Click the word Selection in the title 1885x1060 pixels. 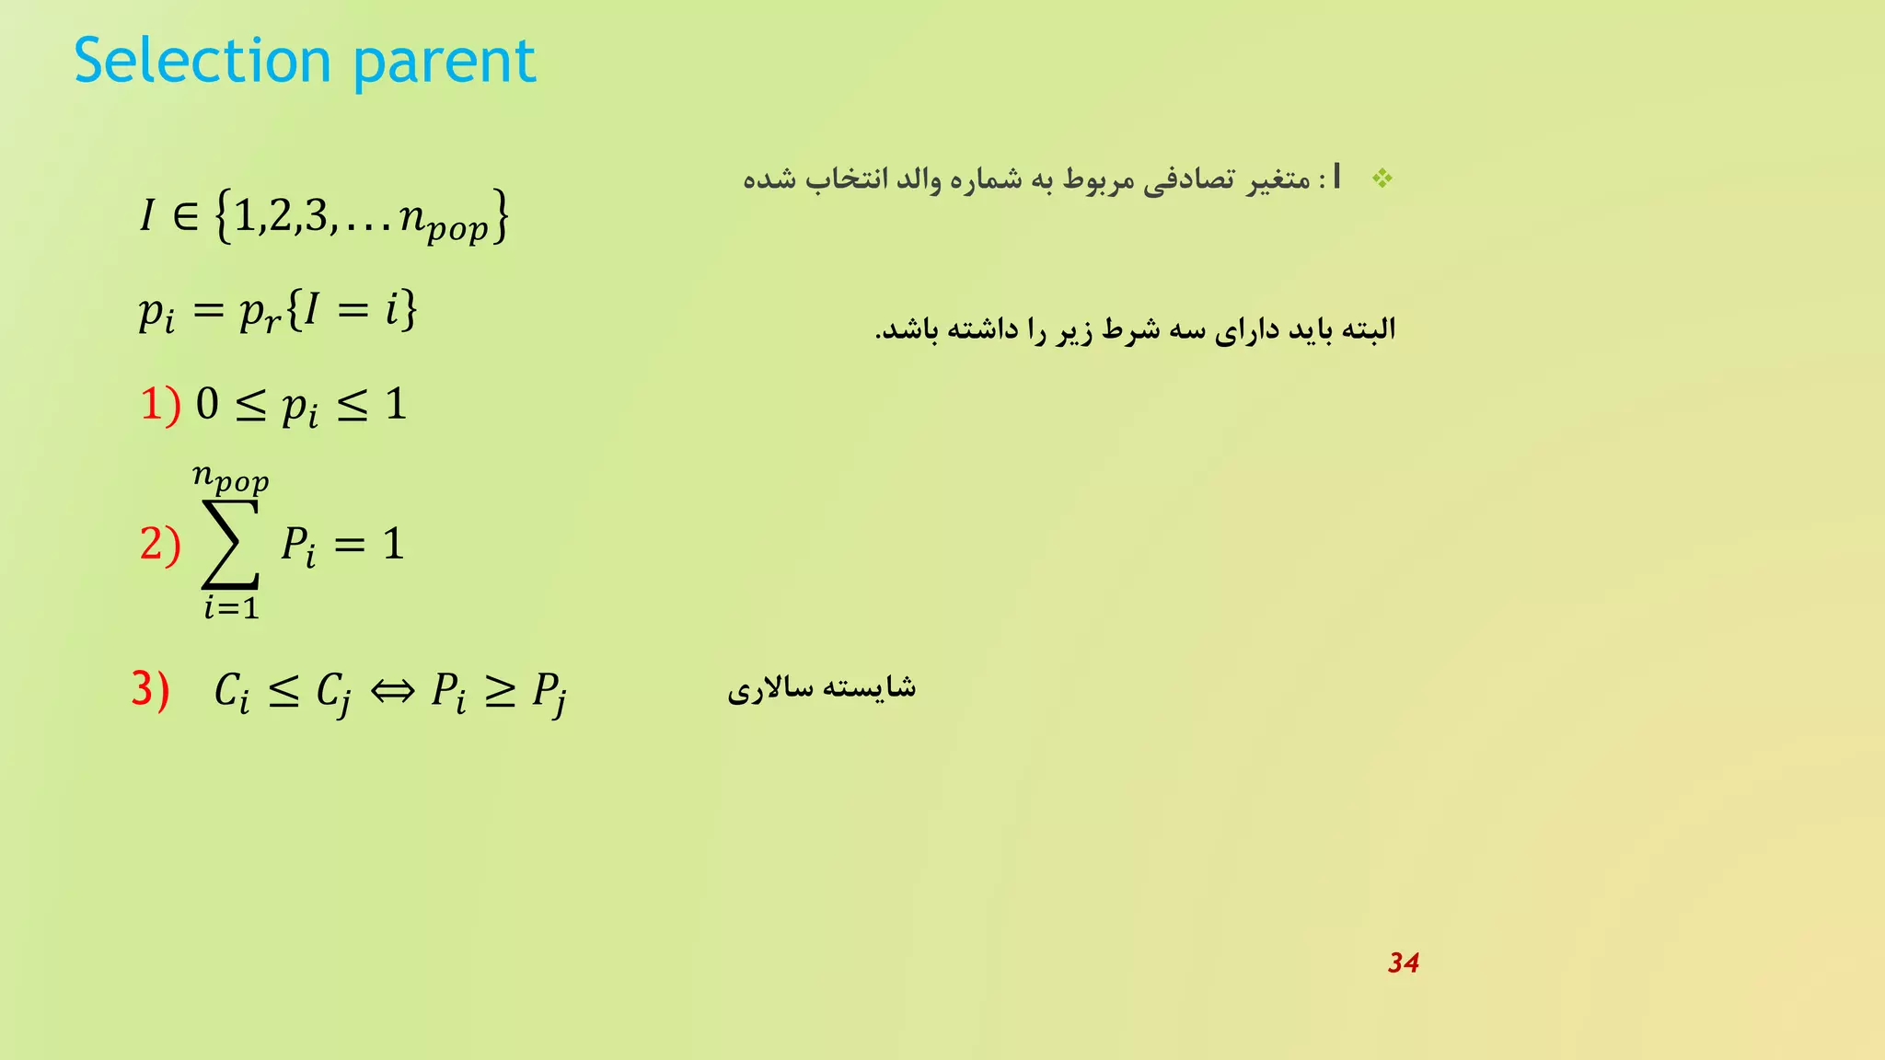click(x=202, y=61)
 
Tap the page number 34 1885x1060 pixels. click(x=1403, y=962)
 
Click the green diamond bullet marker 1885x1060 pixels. click(x=1382, y=179)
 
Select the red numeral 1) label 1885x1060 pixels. click(x=160, y=405)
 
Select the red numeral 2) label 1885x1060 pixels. click(x=160, y=544)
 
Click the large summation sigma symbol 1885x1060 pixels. click(x=231, y=544)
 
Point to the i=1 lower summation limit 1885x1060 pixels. click(x=231, y=607)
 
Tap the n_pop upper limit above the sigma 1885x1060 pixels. click(x=230, y=478)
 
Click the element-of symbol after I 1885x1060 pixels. click(x=185, y=216)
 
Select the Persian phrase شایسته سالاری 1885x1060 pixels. click(x=821, y=688)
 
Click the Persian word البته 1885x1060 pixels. click(x=1370, y=328)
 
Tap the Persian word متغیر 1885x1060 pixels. click(x=1278, y=179)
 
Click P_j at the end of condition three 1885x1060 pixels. click(x=549, y=692)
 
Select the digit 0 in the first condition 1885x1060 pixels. click(x=207, y=405)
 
